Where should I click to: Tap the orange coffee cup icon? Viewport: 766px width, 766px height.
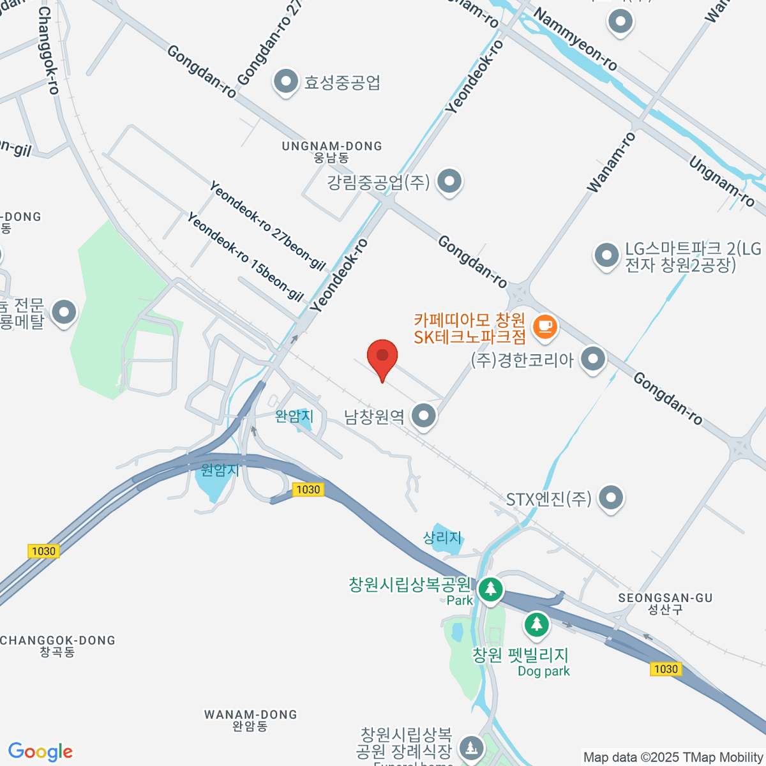544,327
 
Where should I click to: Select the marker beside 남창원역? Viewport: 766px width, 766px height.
423,416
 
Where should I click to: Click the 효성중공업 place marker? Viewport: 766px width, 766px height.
285,82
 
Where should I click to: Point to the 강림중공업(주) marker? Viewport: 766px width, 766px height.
450,181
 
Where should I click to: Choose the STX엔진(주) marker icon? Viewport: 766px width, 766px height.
611,498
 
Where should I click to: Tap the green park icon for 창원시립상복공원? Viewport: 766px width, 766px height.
490,588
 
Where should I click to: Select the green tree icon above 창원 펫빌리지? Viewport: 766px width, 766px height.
536,624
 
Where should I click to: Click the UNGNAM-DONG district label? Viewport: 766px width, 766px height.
332,146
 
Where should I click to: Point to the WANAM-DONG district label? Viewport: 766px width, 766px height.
250,715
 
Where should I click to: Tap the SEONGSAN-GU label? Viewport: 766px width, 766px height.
665,598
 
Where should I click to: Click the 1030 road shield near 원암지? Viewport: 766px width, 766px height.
308,490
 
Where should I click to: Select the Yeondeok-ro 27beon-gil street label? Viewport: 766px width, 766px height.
267,225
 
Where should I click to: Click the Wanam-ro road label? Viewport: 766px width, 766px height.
612,163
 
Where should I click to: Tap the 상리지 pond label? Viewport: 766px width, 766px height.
442,537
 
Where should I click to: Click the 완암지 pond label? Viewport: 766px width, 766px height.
294,416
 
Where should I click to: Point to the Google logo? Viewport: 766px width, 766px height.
40,752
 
